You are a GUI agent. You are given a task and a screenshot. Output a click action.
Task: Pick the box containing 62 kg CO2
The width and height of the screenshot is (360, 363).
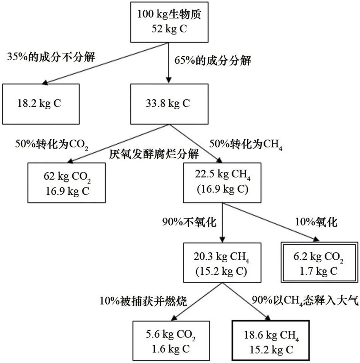click(x=67, y=183)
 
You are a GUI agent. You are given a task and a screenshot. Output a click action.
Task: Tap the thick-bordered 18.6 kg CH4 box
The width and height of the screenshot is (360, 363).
click(x=271, y=340)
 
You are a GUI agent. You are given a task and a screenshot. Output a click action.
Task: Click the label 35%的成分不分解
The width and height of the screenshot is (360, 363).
click(x=51, y=57)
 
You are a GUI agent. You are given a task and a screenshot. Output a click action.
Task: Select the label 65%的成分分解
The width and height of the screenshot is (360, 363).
click(x=213, y=61)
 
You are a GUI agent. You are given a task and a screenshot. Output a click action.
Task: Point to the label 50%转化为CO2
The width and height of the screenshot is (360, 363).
click(x=52, y=144)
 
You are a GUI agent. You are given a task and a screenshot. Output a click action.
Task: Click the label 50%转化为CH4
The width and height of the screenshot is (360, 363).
click(x=246, y=144)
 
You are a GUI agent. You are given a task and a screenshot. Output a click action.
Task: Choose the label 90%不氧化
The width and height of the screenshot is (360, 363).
click(x=189, y=222)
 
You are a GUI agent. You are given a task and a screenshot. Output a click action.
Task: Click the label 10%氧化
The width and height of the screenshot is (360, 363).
click(x=315, y=222)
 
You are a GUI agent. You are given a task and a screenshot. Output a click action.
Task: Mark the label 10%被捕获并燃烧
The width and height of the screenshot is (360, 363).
click(x=143, y=301)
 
